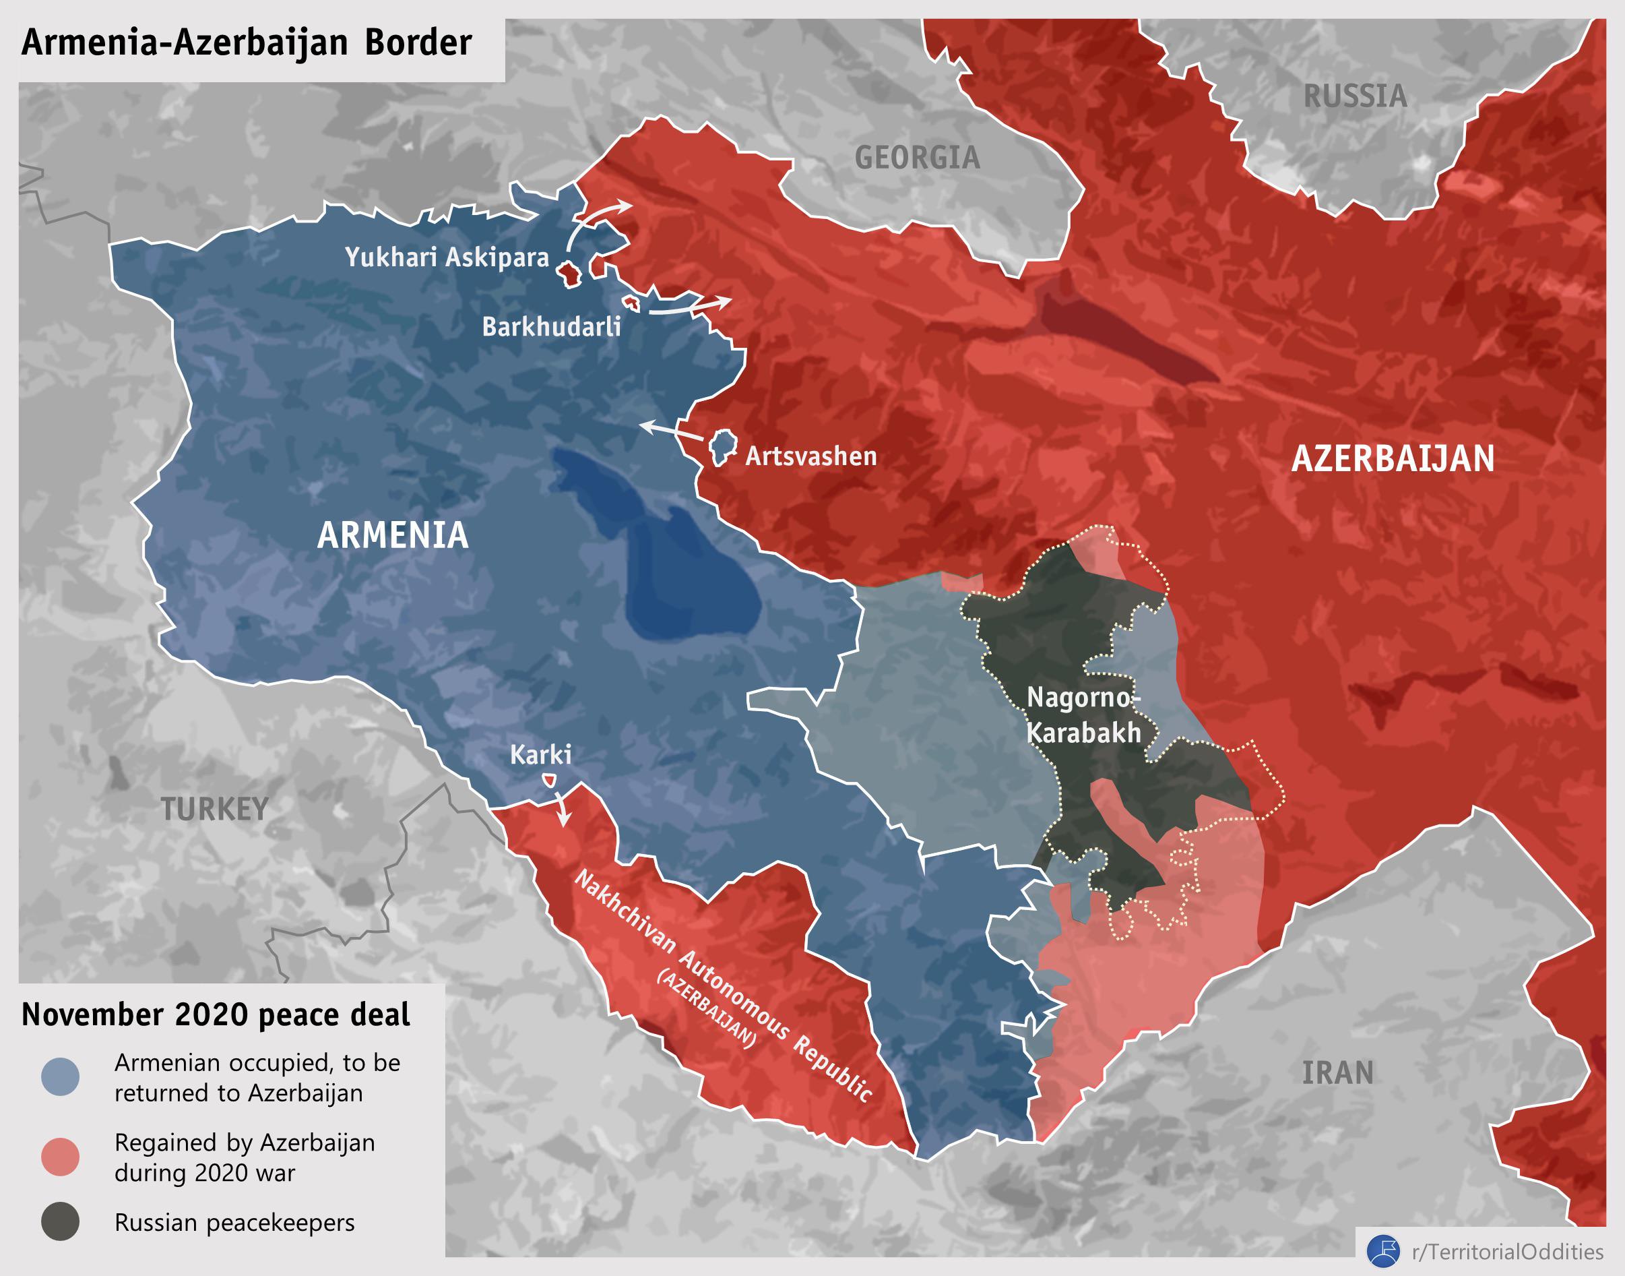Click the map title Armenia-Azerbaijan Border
[247, 42]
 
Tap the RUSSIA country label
[1355, 96]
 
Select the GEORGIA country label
[917, 158]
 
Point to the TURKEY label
[215, 809]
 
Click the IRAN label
[1337, 1073]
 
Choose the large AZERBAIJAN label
[1393, 459]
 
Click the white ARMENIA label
[393, 536]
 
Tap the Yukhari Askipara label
[447, 257]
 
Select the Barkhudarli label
[551, 327]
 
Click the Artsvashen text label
[811, 456]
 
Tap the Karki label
[541, 754]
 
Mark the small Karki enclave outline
[549, 780]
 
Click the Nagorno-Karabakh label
[1083, 715]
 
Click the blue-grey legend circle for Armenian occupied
[61, 1076]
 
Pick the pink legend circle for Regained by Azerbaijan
[61, 1157]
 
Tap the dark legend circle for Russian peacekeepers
[61, 1222]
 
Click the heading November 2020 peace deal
[216, 1015]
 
